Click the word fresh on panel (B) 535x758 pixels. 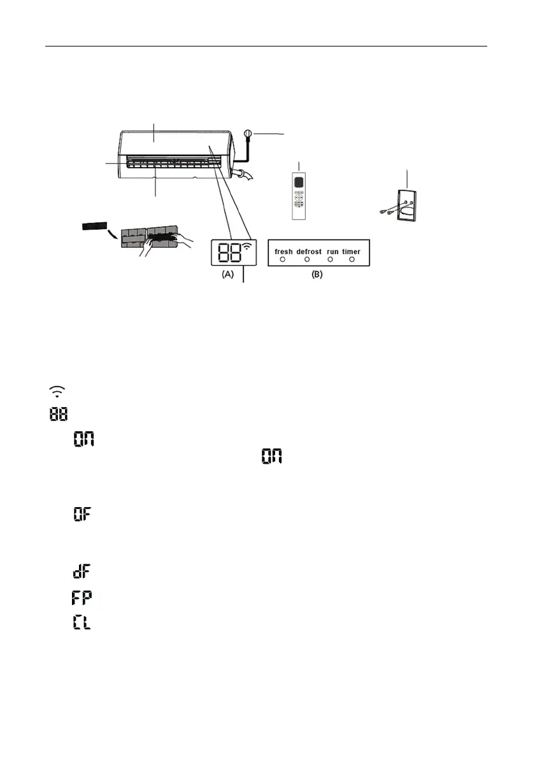point(283,252)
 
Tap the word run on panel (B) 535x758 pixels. point(332,252)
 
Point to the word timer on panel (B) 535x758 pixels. point(351,252)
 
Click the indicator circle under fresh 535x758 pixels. point(283,261)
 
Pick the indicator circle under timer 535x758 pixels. point(352,261)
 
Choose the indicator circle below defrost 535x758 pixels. point(306,261)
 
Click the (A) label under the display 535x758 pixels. point(227,276)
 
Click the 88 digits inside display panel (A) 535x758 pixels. point(229,252)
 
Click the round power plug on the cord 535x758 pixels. point(249,134)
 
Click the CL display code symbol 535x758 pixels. point(81,622)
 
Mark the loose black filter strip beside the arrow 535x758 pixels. point(96,226)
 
